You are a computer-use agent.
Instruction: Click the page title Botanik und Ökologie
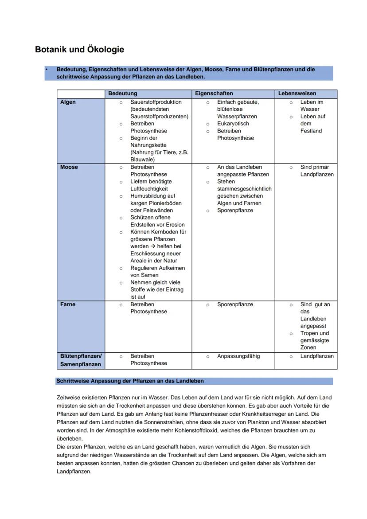pos(79,50)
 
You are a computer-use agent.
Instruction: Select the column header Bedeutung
pos(123,94)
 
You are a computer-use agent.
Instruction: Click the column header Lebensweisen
pos(297,94)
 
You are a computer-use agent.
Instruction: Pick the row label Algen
pos(68,102)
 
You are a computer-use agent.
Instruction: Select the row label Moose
pos(69,167)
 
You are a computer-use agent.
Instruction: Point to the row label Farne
pos(68,304)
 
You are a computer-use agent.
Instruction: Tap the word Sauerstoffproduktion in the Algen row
pos(156,102)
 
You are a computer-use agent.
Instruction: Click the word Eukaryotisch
pos(233,124)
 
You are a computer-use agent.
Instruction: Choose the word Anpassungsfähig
pos(238,356)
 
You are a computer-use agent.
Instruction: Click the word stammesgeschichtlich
pos(244,189)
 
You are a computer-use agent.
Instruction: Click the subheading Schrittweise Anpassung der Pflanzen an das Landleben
pos(130,381)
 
